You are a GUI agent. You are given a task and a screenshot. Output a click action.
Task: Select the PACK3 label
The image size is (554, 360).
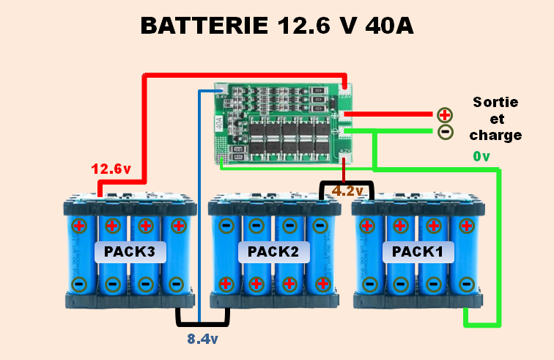pos(130,251)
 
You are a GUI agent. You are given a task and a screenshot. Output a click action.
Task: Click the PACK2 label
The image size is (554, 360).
pos(273,251)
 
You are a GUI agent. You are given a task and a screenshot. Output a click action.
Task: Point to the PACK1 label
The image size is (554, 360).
pos(418,251)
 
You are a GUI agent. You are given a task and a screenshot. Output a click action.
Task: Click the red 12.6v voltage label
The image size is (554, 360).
pos(111,169)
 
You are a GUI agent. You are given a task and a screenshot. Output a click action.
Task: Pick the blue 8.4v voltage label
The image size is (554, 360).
pos(203,339)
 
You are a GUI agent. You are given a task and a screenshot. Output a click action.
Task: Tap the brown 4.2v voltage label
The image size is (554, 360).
pos(347,191)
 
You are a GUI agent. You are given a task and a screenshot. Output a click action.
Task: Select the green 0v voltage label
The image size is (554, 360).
pos(481,157)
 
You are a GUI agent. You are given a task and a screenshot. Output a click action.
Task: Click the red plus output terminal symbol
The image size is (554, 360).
pos(445,114)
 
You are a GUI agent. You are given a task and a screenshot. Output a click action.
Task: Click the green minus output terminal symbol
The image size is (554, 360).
pos(445,132)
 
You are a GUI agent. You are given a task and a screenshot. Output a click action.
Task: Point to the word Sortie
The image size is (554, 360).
pos(495,102)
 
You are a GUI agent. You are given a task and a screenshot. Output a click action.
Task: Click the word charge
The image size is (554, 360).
pos(495,135)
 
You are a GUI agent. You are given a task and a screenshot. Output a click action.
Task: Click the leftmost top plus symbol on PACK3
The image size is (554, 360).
pos(79,225)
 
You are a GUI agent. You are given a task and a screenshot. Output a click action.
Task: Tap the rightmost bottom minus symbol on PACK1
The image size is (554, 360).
pos(465,283)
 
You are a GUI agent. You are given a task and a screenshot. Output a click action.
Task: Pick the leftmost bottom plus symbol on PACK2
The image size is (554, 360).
pos(226,283)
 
